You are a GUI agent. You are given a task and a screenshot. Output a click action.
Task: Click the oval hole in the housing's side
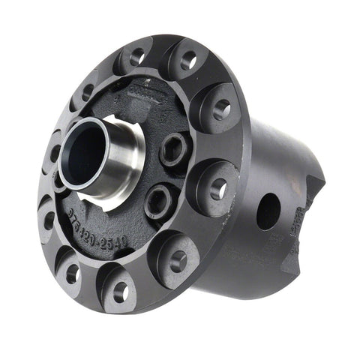pyautogui.click(x=268, y=211)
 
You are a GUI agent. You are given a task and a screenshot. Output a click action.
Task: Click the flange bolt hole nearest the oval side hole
pyautogui.click(x=217, y=189)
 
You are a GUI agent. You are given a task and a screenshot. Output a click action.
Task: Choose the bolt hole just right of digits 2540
pyautogui.click(x=178, y=260)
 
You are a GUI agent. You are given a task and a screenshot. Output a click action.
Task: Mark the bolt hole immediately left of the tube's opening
pyautogui.click(x=52, y=154)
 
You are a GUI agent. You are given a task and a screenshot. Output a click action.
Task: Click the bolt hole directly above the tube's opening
pyautogui.click(x=87, y=92)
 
